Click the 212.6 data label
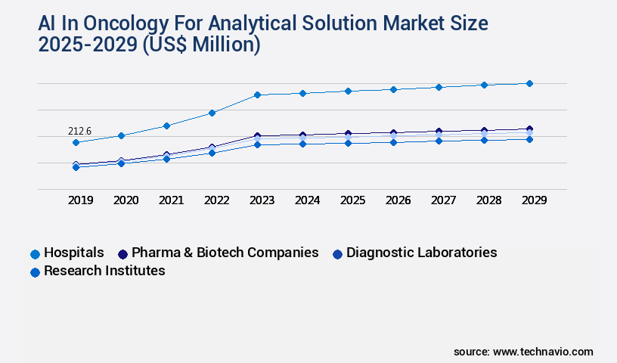coord(79,131)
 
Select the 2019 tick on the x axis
coord(81,200)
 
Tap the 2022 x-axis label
coord(216,200)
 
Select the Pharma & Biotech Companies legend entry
coord(225,253)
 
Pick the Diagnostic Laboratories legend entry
coord(421,253)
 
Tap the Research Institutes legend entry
coord(104,271)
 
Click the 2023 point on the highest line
coord(257,95)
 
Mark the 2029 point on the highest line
coord(529,83)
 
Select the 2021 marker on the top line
coord(166,126)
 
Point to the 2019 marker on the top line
coord(76,142)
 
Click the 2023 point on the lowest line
coord(257,144)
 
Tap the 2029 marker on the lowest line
coord(529,139)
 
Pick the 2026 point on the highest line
coord(393,89)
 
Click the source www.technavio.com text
coord(523,352)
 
